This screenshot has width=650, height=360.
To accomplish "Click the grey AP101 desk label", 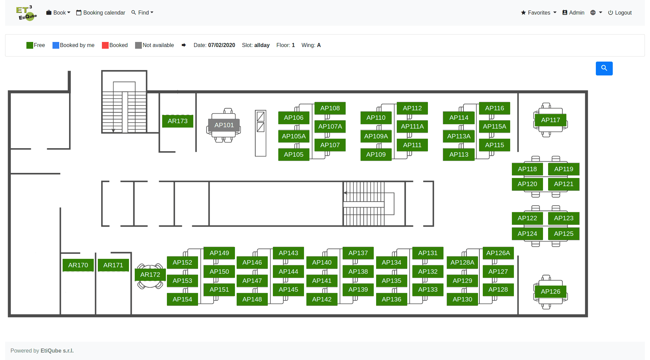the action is coord(224,125).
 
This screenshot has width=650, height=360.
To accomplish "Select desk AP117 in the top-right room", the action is coord(550,120).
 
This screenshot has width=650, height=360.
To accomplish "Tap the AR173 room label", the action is coord(178,121).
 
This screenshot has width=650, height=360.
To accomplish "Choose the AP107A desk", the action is coord(330,127).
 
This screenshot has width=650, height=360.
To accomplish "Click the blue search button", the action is coord(604,68).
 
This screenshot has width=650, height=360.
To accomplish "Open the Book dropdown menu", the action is coord(58,13).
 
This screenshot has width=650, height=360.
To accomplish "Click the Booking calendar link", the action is coord(101,13).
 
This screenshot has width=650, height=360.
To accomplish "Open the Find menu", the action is coord(143,13).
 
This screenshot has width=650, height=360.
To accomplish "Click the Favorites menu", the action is coord(539,13).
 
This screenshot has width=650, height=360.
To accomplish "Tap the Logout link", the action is coord(620,13).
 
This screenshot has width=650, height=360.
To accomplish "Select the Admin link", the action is coord(573,13).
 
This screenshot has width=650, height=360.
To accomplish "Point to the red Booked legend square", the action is coord(105,45).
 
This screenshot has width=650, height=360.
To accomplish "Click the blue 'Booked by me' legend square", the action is coord(56,45).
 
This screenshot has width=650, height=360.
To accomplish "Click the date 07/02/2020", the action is coord(222,45).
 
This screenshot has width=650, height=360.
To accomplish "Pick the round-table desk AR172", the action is coord(150,275).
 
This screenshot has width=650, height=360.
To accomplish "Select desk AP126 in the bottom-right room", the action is coord(550,292).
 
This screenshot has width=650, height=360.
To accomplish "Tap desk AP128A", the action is coord(462,263).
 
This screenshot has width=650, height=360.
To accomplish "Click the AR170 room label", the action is coord(78,265).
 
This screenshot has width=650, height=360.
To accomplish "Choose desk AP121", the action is coord(564,184).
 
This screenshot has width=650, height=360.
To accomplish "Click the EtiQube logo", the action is coord(26,13).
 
